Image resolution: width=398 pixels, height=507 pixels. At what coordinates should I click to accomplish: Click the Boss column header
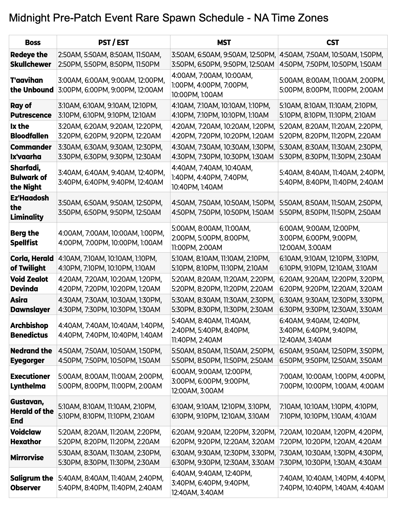click(x=33, y=42)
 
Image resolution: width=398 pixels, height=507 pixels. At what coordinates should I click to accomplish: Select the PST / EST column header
click(x=113, y=42)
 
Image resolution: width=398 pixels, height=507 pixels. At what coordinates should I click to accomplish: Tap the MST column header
click(x=224, y=42)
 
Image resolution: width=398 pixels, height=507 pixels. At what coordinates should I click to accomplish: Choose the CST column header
click(x=332, y=42)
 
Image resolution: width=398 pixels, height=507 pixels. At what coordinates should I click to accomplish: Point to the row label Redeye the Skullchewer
click(x=29, y=59)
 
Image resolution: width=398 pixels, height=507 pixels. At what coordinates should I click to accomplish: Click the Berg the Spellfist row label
click(x=25, y=238)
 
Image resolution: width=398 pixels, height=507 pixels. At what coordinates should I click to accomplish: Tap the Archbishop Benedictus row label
click(x=29, y=330)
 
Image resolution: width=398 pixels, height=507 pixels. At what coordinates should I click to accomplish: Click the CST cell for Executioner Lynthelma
click(x=332, y=381)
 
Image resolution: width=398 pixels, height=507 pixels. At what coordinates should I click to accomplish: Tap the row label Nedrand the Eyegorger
click(x=31, y=355)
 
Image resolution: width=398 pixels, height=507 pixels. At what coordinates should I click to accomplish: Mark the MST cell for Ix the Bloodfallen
click(x=224, y=131)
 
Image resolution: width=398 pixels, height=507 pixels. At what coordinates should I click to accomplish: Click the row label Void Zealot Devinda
click(x=29, y=284)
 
